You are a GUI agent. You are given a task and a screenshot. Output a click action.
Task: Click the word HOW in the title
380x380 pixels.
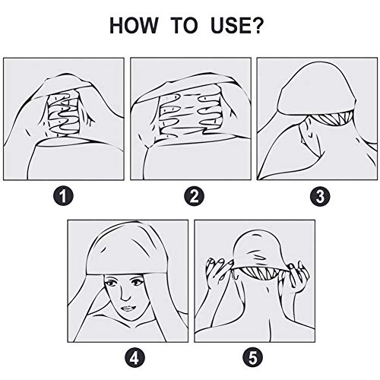coord(134,25)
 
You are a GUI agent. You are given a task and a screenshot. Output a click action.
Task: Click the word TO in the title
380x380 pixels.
coord(184,25)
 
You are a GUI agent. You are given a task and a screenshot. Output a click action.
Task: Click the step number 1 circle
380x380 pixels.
coord(63,196)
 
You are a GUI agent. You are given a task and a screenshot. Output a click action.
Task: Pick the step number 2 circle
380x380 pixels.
coord(195,196)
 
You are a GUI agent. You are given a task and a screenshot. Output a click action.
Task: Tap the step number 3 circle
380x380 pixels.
coord(320,196)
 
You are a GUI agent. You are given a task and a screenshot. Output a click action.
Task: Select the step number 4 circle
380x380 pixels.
coord(135,358)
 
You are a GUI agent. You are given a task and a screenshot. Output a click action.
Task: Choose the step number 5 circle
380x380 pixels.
coord(253,358)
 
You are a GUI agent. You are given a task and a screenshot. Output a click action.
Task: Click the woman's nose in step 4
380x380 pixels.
coord(125,294)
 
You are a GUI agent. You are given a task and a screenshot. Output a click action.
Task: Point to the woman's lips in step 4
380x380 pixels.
coord(128,309)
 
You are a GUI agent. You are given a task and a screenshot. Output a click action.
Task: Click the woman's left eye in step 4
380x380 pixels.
coord(138,282)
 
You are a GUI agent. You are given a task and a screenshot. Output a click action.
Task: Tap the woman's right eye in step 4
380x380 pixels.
coord(110,283)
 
